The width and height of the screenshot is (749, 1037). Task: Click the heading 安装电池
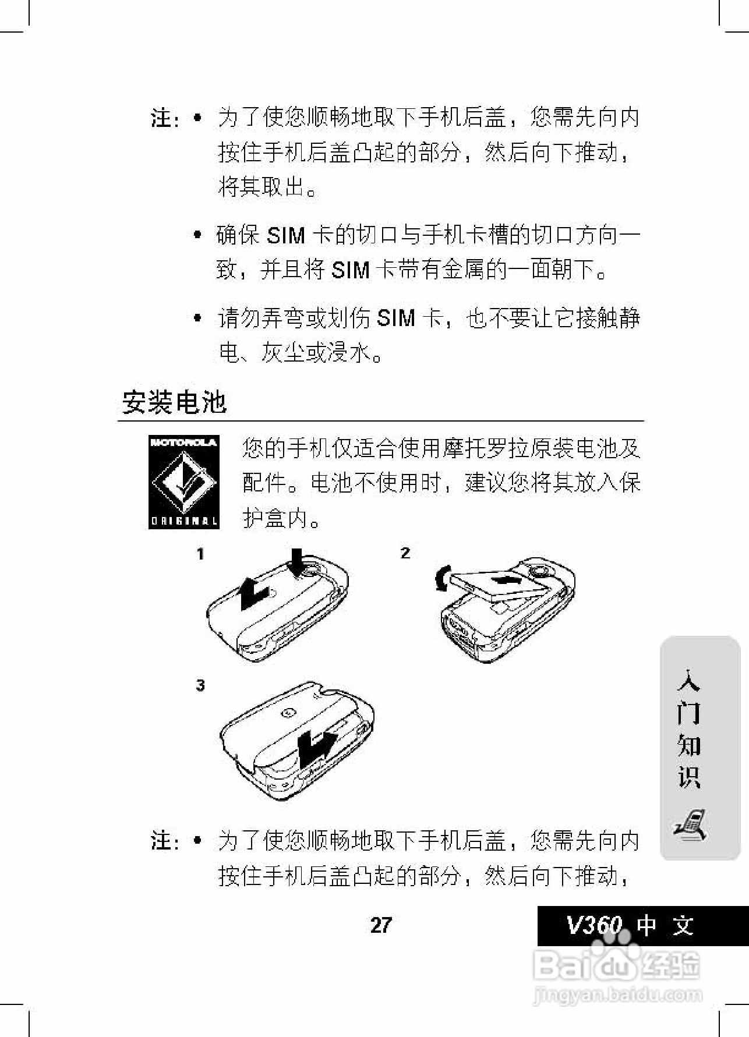point(174,402)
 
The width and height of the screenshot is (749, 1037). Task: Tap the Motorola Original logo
point(183,482)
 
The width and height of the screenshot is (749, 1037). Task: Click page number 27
point(381,925)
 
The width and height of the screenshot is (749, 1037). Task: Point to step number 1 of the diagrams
point(200,554)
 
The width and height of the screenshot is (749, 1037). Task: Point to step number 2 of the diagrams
point(405,553)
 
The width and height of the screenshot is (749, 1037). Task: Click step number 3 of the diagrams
point(200,685)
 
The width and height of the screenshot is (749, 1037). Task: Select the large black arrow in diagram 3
point(316,748)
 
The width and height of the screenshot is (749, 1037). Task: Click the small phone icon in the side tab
point(691,824)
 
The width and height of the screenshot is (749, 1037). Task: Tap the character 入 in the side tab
point(688,680)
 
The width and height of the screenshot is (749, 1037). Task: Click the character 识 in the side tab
point(688,777)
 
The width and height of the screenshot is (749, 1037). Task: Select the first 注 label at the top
point(161,118)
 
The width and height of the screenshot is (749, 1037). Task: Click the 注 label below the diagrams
point(161,841)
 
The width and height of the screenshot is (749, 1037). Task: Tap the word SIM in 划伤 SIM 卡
point(396,318)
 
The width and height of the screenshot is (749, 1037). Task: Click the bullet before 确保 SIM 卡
point(198,235)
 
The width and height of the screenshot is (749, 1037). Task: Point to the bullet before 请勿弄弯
point(198,318)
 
